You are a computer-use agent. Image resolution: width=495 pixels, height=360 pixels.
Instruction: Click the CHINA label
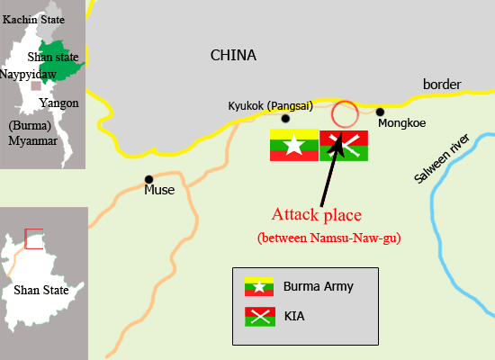(x=233, y=56)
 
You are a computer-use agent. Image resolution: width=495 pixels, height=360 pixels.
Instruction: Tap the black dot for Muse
(x=148, y=179)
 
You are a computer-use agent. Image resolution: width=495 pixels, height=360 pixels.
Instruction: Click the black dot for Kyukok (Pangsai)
(x=285, y=118)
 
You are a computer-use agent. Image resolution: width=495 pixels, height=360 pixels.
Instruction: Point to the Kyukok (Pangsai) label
(x=270, y=105)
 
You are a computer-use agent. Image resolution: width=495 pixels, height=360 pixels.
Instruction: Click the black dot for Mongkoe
(x=381, y=112)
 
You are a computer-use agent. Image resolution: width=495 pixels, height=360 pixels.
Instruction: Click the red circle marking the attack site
(x=344, y=114)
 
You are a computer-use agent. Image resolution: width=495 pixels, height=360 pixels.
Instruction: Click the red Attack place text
(x=317, y=216)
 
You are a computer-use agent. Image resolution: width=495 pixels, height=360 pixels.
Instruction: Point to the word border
(x=442, y=85)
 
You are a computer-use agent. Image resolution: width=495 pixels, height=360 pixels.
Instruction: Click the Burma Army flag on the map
(x=293, y=145)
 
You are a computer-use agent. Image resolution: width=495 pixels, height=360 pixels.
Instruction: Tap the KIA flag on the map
(x=344, y=145)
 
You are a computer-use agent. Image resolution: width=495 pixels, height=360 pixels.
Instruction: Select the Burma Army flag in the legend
(x=259, y=287)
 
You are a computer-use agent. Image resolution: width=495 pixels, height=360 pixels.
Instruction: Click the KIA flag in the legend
(x=259, y=316)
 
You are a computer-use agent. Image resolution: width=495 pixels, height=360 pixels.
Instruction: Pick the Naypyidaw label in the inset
(x=29, y=74)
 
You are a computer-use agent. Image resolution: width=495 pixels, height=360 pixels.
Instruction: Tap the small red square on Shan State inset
(x=33, y=238)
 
